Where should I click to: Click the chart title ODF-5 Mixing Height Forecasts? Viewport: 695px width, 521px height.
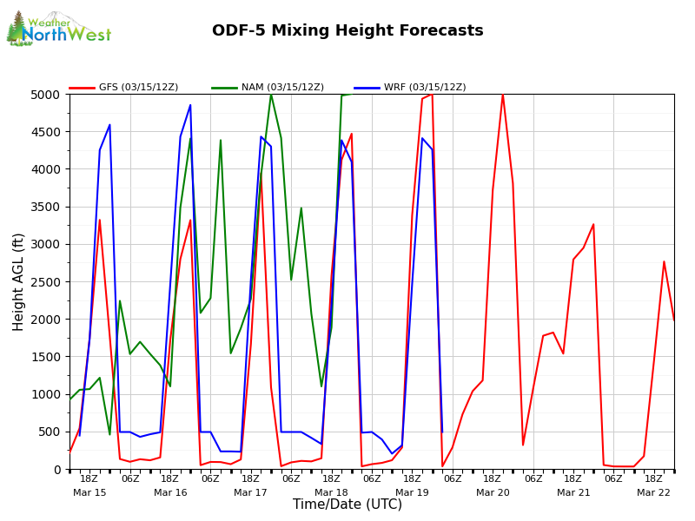[x=347, y=31]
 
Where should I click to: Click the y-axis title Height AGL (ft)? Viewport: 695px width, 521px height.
[x=19, y=281]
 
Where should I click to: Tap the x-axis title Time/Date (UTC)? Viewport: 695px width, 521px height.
[x=347, y=505]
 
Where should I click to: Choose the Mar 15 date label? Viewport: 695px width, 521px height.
[x=89, y=493]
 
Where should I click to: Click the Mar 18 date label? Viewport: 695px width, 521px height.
[x=331, y=493]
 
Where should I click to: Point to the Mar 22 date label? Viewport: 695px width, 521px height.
[x=653, y=493]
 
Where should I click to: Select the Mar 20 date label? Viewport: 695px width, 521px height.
[x=493, y=493]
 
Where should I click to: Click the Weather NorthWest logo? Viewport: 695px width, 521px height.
[x=58, y=30]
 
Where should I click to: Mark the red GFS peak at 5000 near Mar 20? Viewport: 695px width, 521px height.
[x=502, y=95]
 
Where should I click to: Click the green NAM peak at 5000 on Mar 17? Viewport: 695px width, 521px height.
[x=271, y=95]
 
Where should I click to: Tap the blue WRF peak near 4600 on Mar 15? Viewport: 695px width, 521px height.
[x=109, y=125]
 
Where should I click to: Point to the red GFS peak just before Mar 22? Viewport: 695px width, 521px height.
[x=664, y=261]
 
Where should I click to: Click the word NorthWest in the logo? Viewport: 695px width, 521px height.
[x=67, y=36]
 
